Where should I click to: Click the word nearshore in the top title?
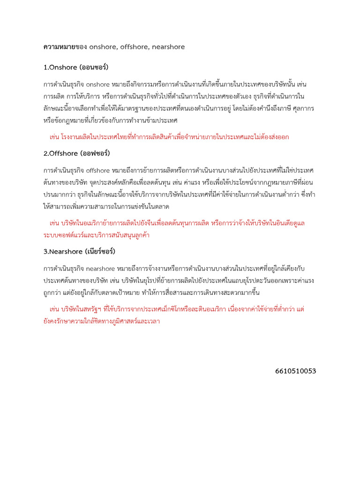[169, 46]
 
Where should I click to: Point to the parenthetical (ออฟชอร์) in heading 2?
[95, 153]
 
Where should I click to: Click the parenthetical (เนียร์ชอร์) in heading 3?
[100, 251]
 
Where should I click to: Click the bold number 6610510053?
[296, 371]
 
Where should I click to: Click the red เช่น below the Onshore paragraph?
[54, 137]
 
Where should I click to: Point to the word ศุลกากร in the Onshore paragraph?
[302, 108]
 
